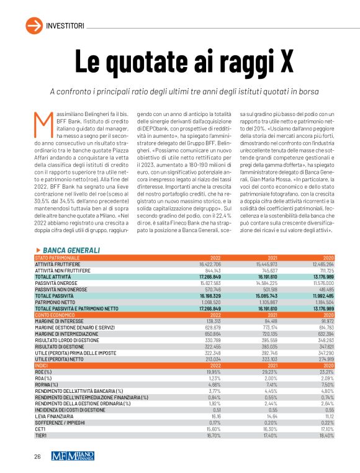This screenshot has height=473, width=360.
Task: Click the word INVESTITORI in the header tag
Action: click(x=65, y=25)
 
